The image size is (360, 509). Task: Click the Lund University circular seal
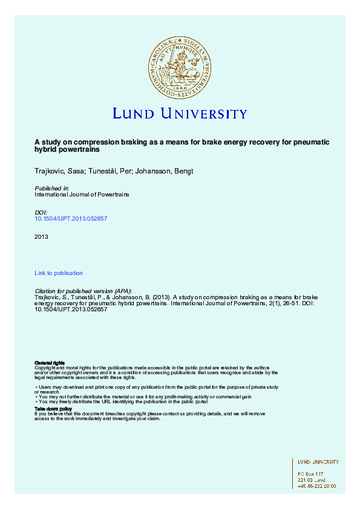(x=180, y=66)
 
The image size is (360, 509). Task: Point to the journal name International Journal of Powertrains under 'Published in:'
(x=82, y=195)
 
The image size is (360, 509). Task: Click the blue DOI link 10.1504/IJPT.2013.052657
(x=71, y=218)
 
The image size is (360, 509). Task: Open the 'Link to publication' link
(x=59, y=273)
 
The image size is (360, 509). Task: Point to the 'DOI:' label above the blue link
(x=41, y=212)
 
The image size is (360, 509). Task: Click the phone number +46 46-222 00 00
(x=316, y=485)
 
